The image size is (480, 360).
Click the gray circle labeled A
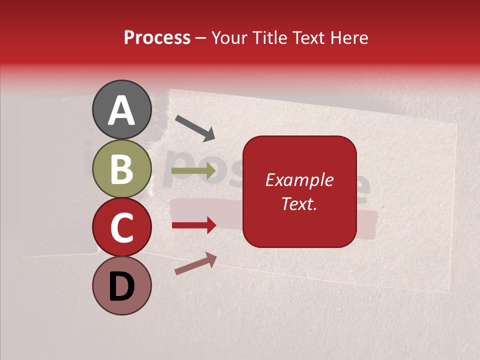121,109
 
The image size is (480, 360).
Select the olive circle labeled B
121,168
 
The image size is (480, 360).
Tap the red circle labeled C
121,227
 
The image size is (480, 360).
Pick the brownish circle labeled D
121,285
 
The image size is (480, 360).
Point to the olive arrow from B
193,171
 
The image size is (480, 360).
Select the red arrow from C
193,225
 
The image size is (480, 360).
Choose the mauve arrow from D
195,263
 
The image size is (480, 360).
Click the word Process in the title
157,37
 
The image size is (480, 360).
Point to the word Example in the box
299,180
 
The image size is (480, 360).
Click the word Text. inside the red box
299,203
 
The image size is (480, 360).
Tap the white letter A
121,110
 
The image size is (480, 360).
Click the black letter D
121,286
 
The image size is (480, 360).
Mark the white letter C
121,228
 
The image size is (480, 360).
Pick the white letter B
121,169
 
